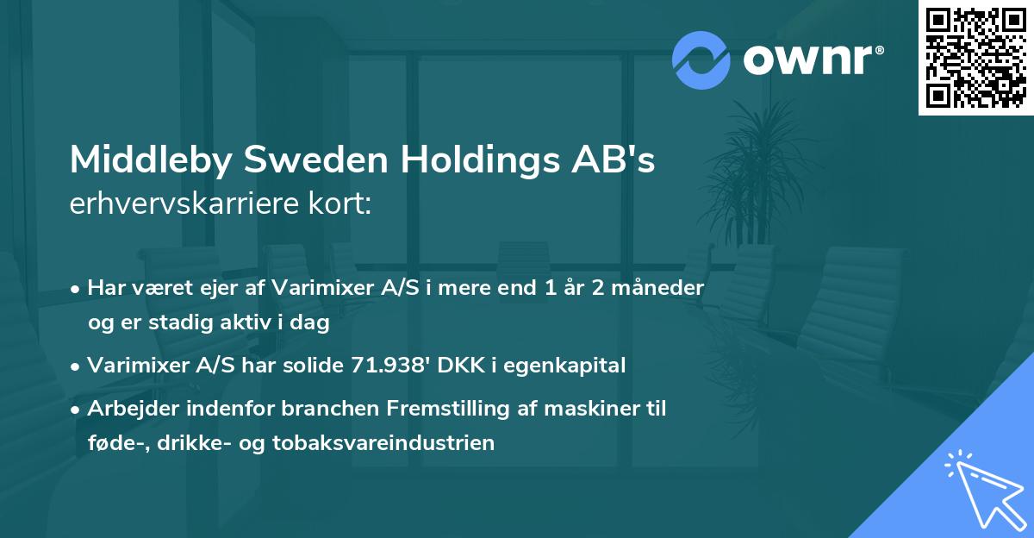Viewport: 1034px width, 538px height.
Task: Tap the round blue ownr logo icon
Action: (x=701, y=60)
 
